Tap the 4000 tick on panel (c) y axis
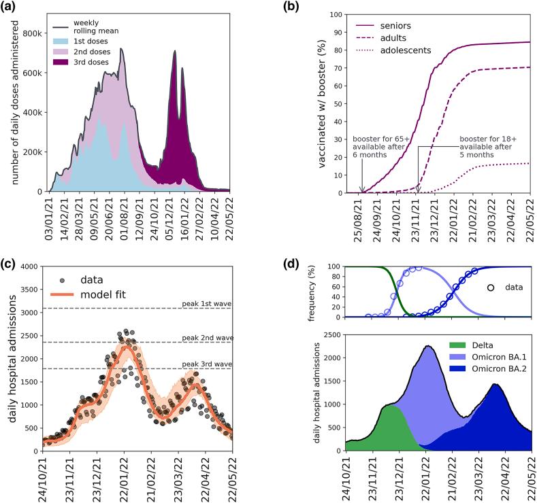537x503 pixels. (x=29, y=266)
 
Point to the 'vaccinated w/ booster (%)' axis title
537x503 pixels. (x=316, y=102)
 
